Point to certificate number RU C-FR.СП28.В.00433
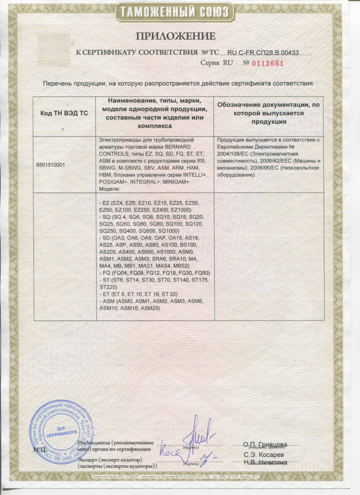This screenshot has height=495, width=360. click(263, 52)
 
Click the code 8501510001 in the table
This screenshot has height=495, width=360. click(50, 164)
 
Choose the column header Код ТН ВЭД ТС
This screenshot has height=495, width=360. click(63, 113)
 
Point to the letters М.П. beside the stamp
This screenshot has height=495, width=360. click(40, 449)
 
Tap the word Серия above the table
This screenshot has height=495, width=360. click(210, 63)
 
